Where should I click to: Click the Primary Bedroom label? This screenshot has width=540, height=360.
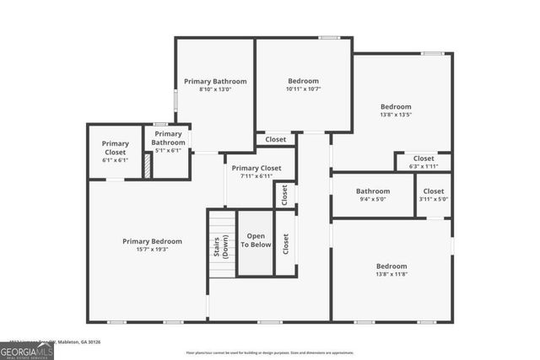coord(152,241)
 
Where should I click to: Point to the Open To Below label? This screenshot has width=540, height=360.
coord(256,241)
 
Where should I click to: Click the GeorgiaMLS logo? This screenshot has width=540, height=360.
coord(27,349)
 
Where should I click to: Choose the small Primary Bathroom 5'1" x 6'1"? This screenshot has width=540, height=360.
coord(168,142)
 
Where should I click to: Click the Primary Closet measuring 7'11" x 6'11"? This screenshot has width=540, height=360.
coord(256,172)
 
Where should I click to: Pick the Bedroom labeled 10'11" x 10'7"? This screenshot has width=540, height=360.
coord(303,84)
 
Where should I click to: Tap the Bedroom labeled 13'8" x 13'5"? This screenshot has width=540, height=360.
coord(395,110)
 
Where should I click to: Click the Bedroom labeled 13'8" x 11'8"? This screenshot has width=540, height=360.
coord(391,270)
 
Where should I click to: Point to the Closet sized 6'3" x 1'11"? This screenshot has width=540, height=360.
coord(424,161)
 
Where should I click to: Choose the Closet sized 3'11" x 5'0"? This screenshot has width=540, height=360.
coord(434,195)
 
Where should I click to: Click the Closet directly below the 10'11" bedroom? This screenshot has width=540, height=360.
coord(276,139)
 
